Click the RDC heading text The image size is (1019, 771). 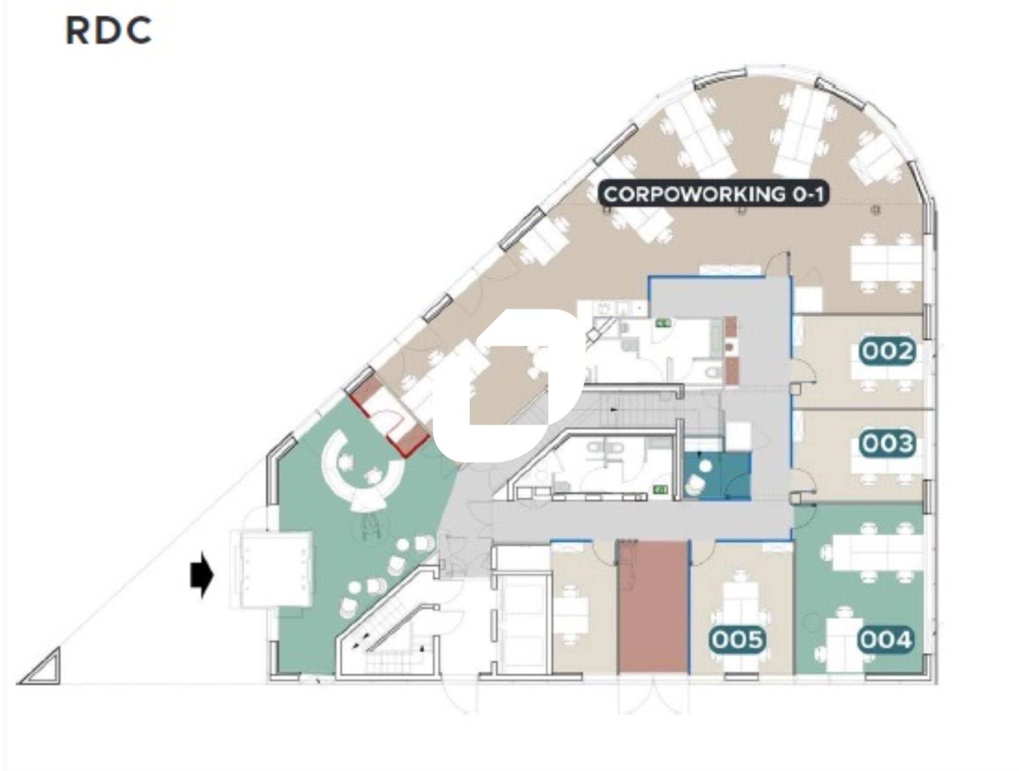[x=108, y=31]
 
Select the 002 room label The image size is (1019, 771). [x=888, y=352]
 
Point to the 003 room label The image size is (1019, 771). [x=888, y=443]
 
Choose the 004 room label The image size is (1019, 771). [x=886, y=640]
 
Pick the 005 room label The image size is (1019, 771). [x=737, y=640]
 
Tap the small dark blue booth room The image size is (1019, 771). [x=716, y=476]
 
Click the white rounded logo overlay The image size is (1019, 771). [x=508, y=386]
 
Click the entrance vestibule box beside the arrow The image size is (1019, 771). [x=271, y=569]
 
